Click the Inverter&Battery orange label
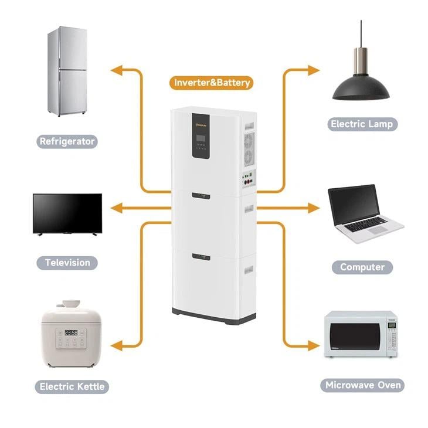[x=212, y=83]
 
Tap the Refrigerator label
[x=67, y=141]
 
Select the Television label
[x=67, y=263]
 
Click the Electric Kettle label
[x=72, y=386]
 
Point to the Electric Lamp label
[x=362, y=124]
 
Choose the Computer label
[x=362, y=267]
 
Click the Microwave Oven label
[x=362, y=385]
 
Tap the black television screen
[x=67, y=213]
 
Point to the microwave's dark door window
[x=355, y=336]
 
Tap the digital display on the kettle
[x=71, y=332]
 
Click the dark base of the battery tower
[x=213, y=317]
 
